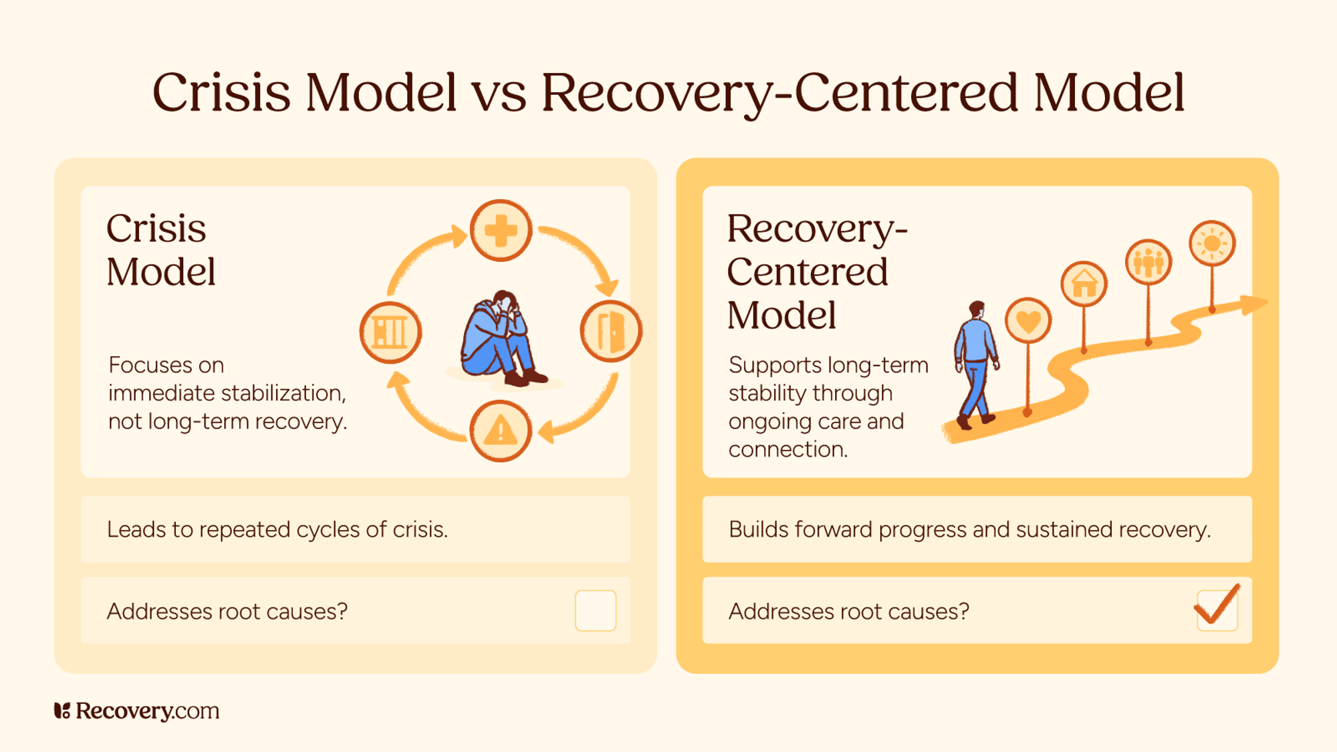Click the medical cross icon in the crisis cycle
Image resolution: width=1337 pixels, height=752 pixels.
(501, 231)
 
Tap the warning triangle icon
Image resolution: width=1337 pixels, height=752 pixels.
(501, 431)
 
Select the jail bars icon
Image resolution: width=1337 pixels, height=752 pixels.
(390, 332)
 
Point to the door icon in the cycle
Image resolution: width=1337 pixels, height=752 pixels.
(611, 331)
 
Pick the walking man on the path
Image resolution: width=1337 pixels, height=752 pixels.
(976, 364)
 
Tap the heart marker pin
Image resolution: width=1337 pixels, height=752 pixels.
(1028, 321)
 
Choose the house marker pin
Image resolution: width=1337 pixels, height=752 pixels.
(1084, 284)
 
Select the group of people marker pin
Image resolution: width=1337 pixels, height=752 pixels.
(1148, 262)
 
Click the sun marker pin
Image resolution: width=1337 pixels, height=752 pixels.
(1212, 243)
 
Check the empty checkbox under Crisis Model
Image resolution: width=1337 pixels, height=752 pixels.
(595, 610)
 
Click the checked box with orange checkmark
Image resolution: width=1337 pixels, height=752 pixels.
(1217, 609)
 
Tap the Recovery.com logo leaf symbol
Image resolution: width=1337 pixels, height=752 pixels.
(62, 711)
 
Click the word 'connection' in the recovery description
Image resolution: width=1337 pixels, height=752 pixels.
(787, 449)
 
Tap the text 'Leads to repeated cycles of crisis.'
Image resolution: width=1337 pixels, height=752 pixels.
(277, 529)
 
